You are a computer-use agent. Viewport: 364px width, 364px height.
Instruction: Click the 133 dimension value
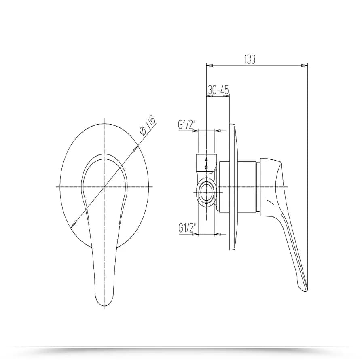pyautogui.click(x=250, y=59)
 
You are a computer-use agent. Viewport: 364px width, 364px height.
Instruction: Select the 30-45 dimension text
pyautogui.click(x=218, y=90)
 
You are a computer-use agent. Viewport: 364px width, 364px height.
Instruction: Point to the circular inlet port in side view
pyautogui.click(x=206, y=192)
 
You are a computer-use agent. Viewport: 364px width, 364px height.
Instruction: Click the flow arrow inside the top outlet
pyautogui.click(x=206, y=163)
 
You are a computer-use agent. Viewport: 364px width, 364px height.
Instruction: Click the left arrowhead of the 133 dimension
pyautogui.click(x=210, y=66)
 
